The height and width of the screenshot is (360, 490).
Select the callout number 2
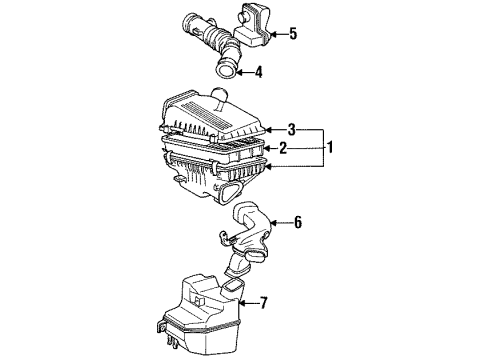pyautogui.click(x=283, y=148)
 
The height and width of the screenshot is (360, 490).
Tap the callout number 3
pyautogui.click(x=291, y=129)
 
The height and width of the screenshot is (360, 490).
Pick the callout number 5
pyautogui.click(x=293, y=35)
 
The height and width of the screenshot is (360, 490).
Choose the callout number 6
pyautogui.click(x=297, y=223)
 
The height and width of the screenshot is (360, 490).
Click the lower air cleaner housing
pyautogui.click(x=200, y=180)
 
